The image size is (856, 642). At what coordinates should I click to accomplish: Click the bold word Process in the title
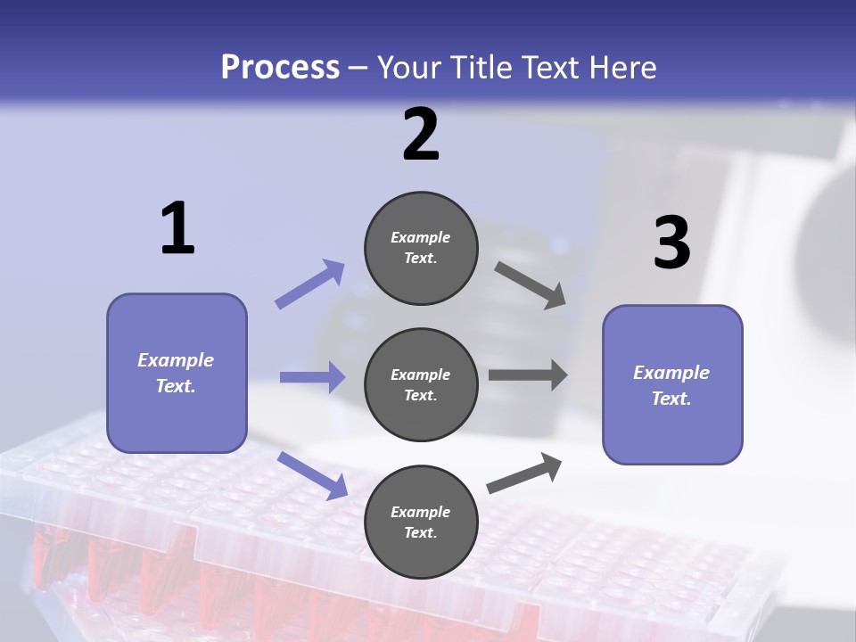(x=280, y=68)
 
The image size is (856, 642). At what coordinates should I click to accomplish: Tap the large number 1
(x=177, y=229)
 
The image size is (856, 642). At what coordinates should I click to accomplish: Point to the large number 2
(x=421, y=136)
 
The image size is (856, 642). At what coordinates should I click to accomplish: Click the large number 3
(x=671, y=243)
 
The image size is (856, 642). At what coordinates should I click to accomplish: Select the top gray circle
(x=421, y=248)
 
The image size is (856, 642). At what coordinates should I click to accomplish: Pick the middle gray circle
(x=421, y=385)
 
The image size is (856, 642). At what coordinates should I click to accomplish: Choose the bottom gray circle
(x=421, y=523)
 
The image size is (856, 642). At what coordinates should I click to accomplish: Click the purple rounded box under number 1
(x=177, y=373)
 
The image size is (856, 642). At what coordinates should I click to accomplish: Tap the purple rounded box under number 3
(x=672, y=385)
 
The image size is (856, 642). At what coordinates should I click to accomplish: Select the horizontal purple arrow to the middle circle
(x=313, y=377)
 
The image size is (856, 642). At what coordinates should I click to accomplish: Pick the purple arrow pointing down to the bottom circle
(x=313, y=475)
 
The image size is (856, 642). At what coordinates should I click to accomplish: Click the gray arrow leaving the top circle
(x=530, y=285)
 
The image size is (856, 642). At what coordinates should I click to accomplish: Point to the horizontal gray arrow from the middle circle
(x=528, y=375)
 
